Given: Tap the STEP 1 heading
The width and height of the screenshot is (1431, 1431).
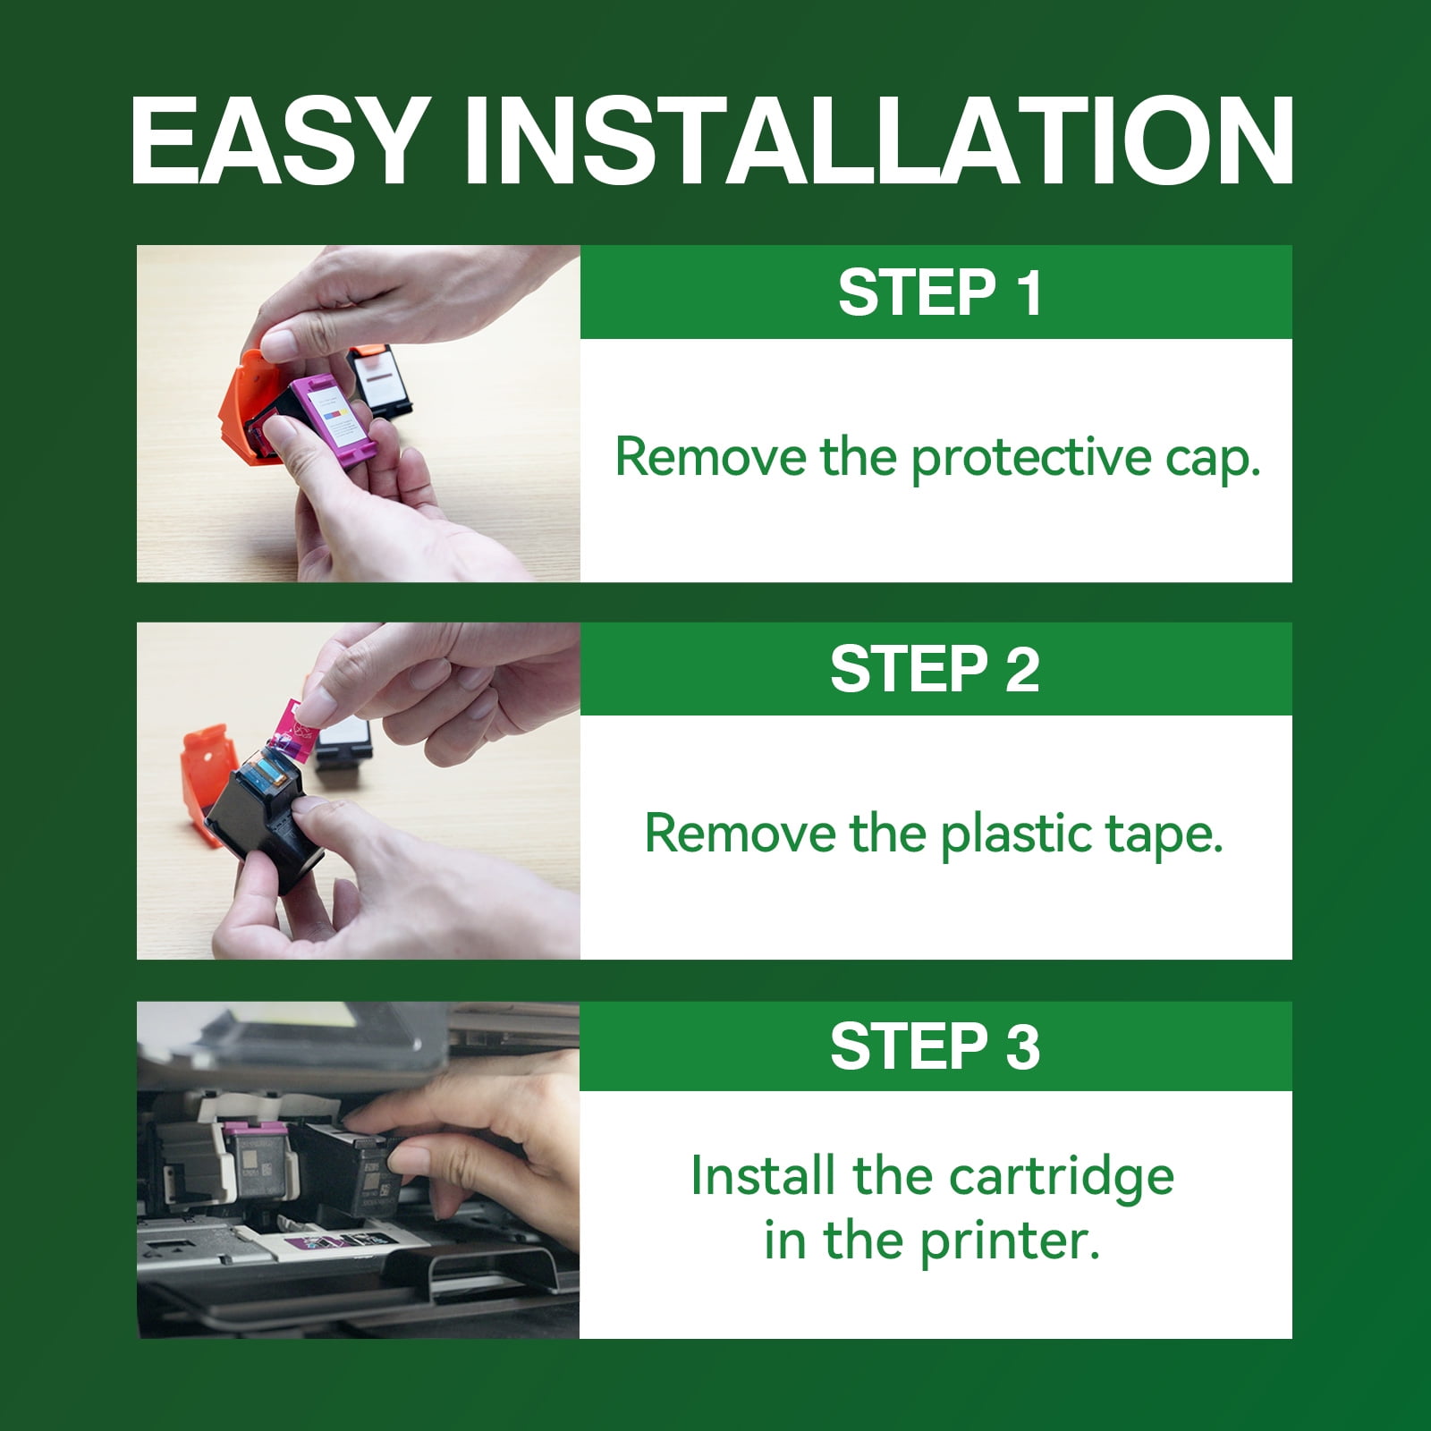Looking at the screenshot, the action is [940, 292].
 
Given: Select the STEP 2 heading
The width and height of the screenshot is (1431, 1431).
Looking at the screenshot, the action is [936, 669].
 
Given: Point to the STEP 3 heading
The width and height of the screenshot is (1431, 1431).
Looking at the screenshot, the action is [936, 1046].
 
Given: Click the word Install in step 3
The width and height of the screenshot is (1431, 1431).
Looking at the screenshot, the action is [765, 1175].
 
